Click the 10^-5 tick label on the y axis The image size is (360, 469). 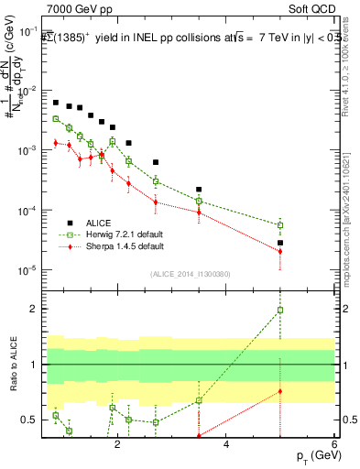28,270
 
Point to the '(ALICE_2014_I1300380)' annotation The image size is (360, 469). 190,274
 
